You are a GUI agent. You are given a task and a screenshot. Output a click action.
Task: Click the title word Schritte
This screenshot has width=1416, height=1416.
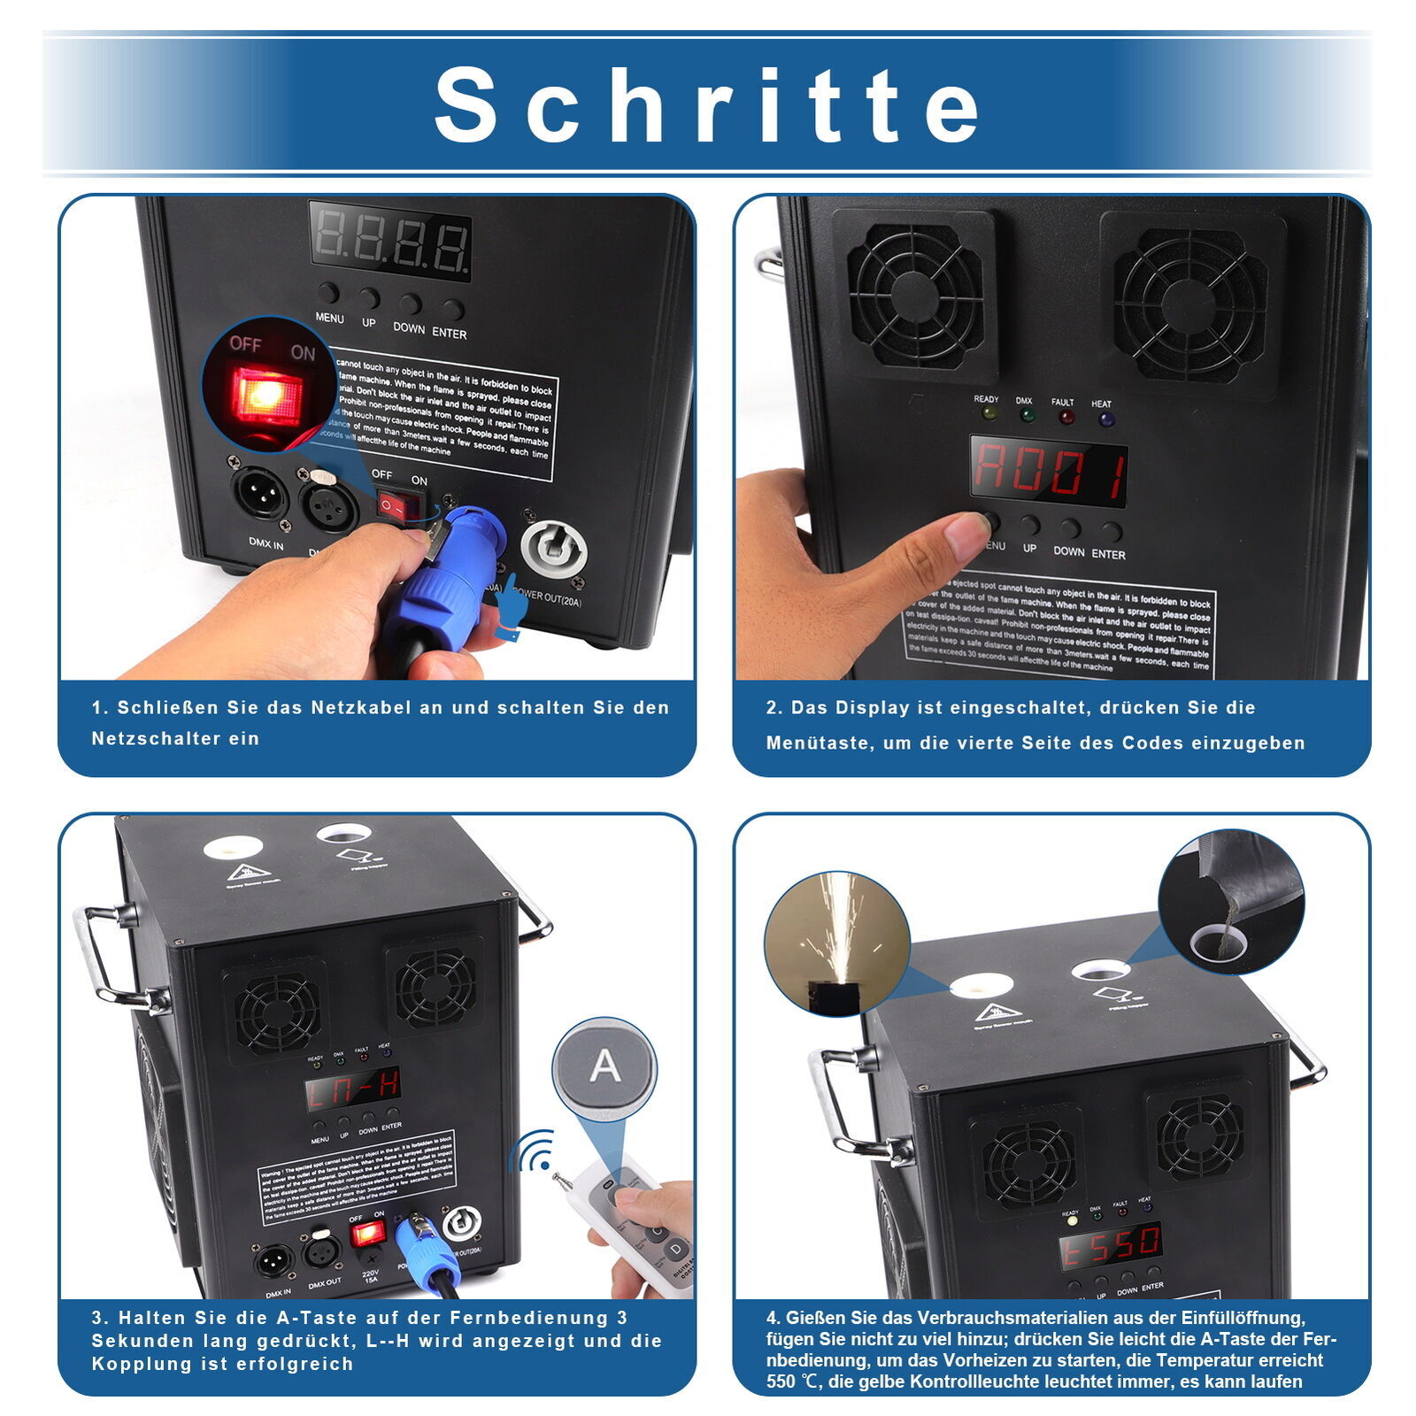tap(708, 104)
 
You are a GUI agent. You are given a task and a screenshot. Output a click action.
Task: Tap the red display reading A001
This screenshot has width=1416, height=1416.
tap(1049, 470)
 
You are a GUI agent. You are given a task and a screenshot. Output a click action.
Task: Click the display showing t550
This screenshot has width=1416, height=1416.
tap(1111, 1245)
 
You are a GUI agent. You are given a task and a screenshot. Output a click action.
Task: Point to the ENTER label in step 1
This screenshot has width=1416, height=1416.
tap(449, 334)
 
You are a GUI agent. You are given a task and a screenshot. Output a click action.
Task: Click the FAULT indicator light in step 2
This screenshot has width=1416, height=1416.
tap(1066, 417)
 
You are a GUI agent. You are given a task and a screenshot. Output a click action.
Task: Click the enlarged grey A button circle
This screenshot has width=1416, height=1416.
tap(604, 1067)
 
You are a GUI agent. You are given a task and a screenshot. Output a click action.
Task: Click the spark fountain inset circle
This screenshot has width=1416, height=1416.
tap(836, 942)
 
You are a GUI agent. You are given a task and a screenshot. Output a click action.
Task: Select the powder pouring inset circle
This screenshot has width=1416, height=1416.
tap(1230, 902)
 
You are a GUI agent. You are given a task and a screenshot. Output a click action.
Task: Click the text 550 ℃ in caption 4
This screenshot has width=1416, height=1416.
tap(796, 1381)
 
